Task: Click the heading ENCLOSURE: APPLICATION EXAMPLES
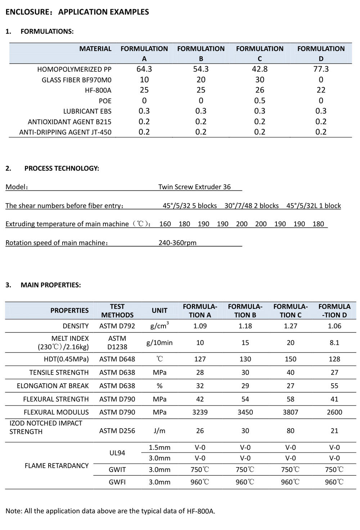click(x=77, y=12)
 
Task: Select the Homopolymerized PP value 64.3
click(x=144, y=69)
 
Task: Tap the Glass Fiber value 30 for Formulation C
click(x=260, y=80)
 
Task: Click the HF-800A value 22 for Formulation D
click(x=321, y=90)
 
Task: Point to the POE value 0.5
click(x=260, y=100)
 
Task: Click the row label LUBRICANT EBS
click(x=87, y=111)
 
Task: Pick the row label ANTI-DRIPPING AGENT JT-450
click(x=65, y=132)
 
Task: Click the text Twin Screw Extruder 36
click(x=194, y=187)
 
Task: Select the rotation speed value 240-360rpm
click(x=177, y=243)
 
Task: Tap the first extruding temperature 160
click(x=165, y=224)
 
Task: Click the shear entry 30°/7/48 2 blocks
click(x=252, y=205)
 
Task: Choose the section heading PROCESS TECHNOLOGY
click(x=62, y=168)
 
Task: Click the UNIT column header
click(x=159, y=311)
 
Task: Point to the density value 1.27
click(x=291, y=326)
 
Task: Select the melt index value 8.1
click(x=334, y=343)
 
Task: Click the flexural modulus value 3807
click(x=291, y=412)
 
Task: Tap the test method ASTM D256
click(x=117, y=431)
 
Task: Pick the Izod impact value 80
click(x=291, y=431)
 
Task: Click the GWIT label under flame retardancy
click(x=117, y=470)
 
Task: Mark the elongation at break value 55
click(x=334, y=386)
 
